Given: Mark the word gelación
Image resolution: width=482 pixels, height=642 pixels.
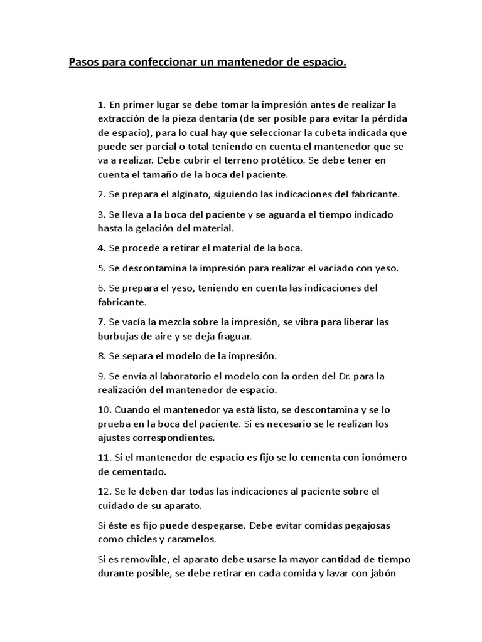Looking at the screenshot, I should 142,228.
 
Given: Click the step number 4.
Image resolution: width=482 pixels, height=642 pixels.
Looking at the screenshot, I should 100,248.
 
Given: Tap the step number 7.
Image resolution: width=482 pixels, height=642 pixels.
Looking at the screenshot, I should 100,322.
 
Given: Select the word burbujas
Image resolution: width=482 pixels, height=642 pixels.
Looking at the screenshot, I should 118,336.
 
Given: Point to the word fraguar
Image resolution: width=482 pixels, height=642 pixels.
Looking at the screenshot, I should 233,336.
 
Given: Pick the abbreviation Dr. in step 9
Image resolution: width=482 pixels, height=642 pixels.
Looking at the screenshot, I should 335,376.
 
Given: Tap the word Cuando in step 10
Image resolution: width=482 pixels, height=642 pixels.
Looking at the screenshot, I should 130,410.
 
